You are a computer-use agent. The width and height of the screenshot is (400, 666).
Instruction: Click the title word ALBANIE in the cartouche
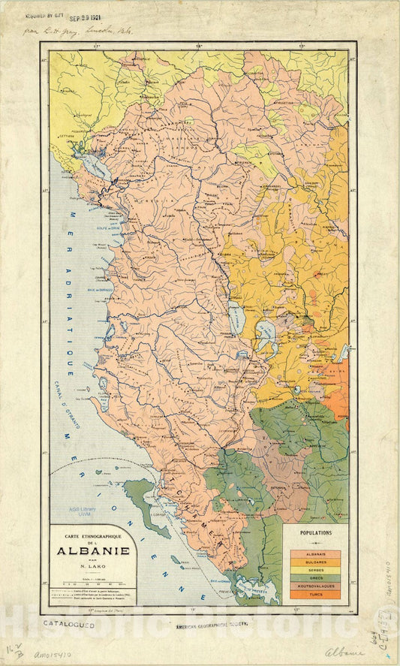coord(93,551)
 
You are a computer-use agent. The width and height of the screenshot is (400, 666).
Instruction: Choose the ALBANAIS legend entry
coord(315,554)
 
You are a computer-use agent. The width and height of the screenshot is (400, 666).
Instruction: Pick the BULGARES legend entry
coord(315,562)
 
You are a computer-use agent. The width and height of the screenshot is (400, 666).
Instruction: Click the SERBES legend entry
coord(315,570)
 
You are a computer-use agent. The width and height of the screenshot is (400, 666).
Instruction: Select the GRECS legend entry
coord(315,578)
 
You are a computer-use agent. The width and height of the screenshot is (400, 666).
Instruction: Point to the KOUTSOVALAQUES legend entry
coord(315,586)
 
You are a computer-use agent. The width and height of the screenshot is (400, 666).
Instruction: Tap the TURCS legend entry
coord(315,595)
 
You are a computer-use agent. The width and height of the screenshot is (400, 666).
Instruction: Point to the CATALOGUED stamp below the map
coord(68,624)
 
